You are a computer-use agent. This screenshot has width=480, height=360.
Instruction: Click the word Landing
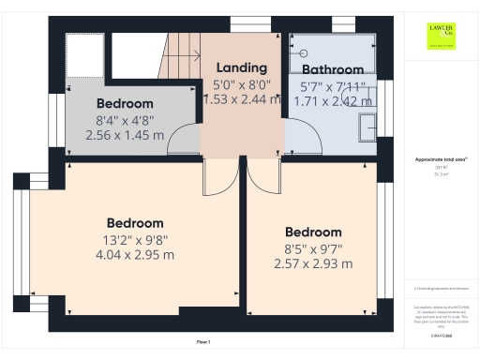coord(242,67)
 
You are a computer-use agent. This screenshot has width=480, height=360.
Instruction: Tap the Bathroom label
coord(332,69)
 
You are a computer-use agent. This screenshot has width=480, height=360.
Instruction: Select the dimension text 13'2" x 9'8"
coord(134,239)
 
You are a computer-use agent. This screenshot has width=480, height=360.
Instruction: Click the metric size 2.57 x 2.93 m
coord(313,263)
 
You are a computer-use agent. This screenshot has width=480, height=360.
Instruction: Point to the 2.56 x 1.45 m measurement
coord(124,135)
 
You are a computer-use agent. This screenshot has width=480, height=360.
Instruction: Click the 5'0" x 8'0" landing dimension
coord(242,83)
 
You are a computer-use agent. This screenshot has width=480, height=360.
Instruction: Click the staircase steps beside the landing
coord(183,52)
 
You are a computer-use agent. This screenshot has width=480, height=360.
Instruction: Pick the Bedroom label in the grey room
coord(124,103)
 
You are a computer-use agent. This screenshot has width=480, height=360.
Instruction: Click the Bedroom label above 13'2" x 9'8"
coord(134,223)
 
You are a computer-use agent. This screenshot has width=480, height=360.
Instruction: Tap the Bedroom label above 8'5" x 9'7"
coord(313,232)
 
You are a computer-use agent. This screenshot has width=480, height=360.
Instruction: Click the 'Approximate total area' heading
coord(440,160)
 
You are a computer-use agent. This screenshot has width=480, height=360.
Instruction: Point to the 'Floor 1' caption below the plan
coord(203,342)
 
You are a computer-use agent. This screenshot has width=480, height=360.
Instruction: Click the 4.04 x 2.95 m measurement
coord(134,255)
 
